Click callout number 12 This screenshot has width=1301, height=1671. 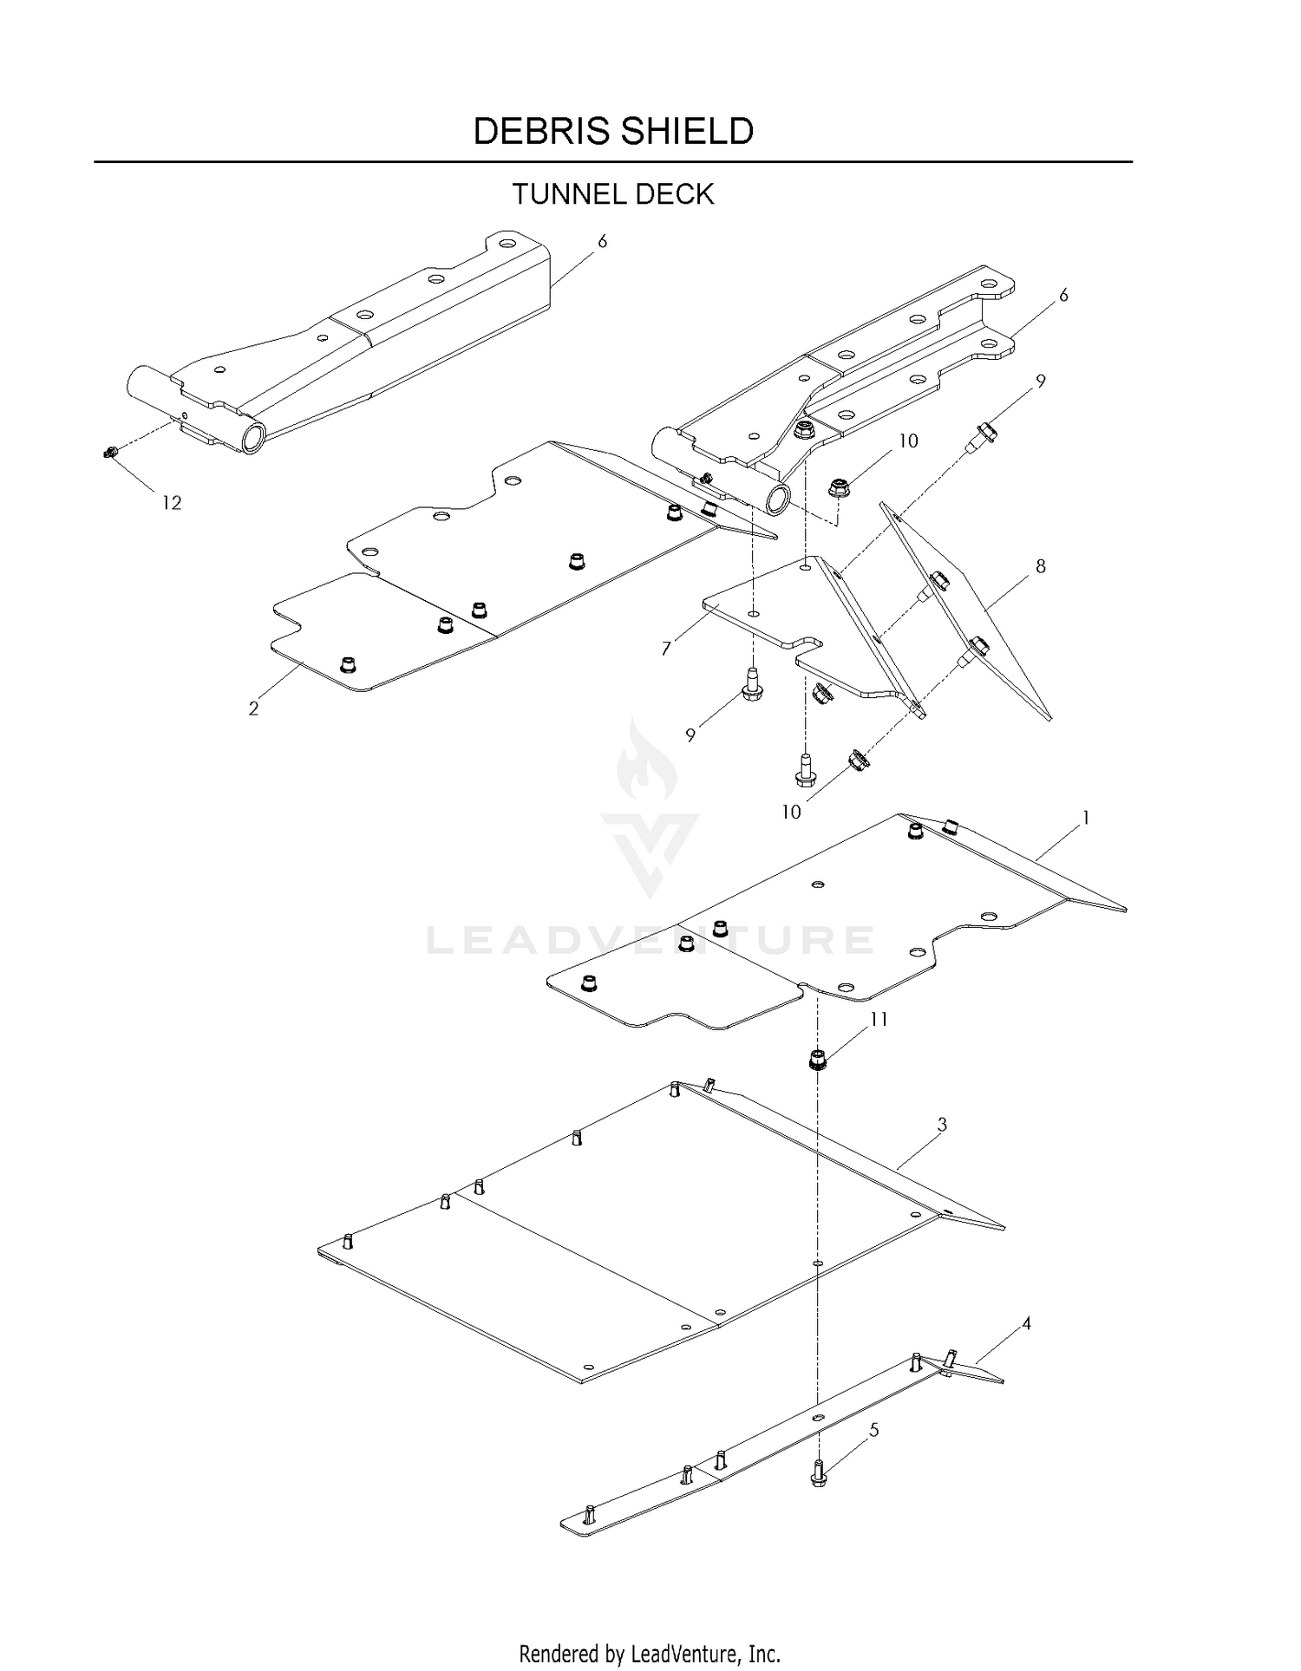point(172,503)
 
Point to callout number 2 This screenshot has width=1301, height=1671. point(253,708)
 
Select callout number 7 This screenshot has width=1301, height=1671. point(666,649)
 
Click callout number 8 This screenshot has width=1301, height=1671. point(1041,566)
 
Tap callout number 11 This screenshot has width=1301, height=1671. point(879,1019)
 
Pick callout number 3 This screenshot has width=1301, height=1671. point(942,1125)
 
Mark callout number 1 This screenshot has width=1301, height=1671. point(1085,818)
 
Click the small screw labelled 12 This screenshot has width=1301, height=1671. point(110,451)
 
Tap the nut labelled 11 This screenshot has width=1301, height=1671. point(815,1059)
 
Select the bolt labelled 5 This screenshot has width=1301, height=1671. point(818,1473)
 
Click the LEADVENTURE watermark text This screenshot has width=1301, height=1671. point(650,940)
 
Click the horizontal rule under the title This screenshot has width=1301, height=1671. point(613,162)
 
